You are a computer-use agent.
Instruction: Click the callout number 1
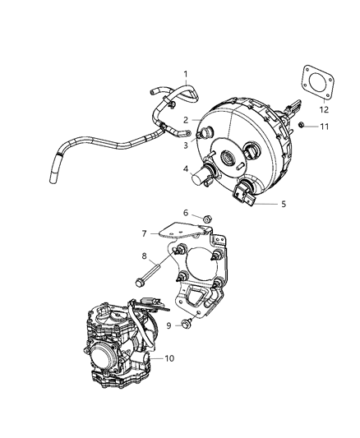(x=186, y=74)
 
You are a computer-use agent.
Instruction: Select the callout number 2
(x=186, y=120)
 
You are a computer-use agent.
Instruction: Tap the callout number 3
(x=186, y=145)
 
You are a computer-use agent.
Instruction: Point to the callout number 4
(x=186, y=170)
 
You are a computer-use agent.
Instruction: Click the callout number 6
(x=186, y=212)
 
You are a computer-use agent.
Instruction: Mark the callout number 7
(x=144, y=234)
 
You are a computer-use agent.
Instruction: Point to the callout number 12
(x=323, y=109)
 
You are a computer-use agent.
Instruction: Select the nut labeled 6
(x=207, y=219)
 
